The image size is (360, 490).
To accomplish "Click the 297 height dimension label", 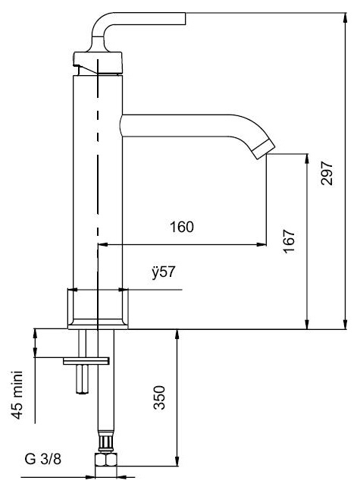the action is click(327, 174).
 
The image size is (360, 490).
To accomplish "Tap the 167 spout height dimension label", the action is click(289, 241).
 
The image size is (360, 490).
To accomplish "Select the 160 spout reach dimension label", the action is click(182, 227).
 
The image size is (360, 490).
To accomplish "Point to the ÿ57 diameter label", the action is click(163, 272).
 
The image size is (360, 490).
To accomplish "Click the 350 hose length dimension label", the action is click(159, 397).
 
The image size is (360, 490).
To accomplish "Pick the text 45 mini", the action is click(17, 394).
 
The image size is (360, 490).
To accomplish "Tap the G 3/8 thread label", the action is click(42, 459).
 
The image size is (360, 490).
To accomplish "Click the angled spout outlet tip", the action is click(264, 149).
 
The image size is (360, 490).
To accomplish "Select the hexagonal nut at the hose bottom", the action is click(106, 460).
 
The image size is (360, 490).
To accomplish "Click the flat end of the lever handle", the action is click(185, 18).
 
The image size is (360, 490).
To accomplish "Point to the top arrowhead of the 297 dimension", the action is click(345, 17).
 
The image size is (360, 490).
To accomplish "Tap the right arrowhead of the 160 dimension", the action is click(261, 244).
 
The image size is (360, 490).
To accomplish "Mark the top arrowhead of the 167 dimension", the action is click(307, 159).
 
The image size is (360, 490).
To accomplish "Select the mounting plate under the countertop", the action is click(86, 361).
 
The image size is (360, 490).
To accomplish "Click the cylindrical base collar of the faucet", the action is click(98, 309).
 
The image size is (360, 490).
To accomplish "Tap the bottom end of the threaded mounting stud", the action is click(83, 392).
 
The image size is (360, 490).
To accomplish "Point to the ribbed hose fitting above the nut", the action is click(106, 442).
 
